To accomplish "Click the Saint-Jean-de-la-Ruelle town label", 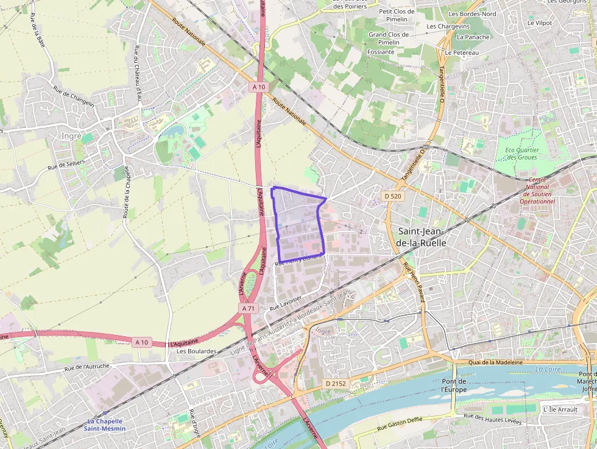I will click(x=422, y=237).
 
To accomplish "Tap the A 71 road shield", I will click(x=248, y=309).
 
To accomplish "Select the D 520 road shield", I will click(x=393, y=196).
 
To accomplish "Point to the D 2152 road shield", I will click(x=335, y=384).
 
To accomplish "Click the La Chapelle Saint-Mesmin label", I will click(x=105, y=425).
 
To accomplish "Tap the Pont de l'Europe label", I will click(x=454, y=384).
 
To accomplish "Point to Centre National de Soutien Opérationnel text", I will click(x=537, y=190).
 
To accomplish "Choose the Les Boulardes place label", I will click(x=196, y=351).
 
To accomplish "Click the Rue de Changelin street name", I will click(x=74, y=96).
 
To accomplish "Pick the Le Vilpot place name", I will click(x=539, y=23).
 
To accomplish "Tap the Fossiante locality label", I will click(x=381, y=52).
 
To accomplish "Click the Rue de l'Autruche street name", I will click(x=87, y=366).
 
